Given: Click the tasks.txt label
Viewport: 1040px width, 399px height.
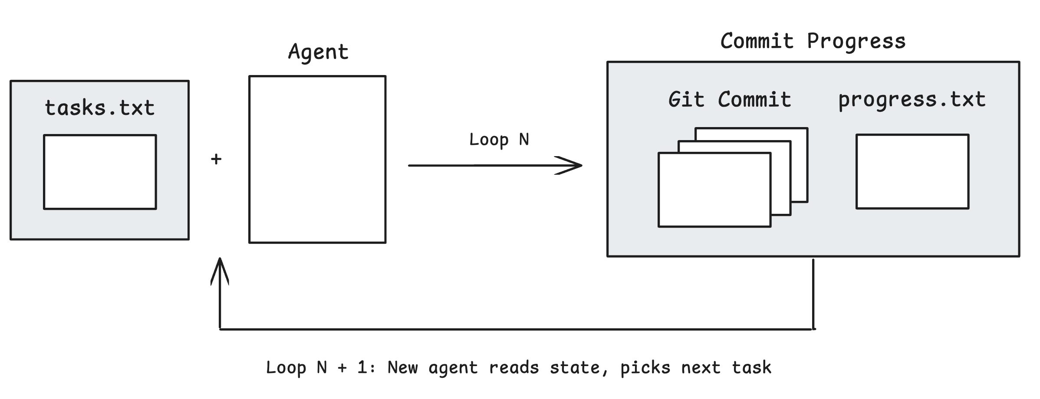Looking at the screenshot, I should pyautogui.click(x=100, y=108).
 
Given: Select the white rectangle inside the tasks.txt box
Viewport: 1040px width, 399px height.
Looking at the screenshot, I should pyautogui.click(x=100, y=172).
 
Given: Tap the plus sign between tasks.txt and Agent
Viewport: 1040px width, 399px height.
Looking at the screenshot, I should pyautogui.click(x=216, y=159).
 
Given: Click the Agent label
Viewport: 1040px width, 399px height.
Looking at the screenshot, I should pyautogui.click(x=318, y=52).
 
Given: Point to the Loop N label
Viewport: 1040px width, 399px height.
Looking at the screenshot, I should pyautogui.click(x=499, y=140).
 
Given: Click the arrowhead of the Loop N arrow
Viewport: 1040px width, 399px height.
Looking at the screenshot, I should pyautogui.click(x=575, y=165).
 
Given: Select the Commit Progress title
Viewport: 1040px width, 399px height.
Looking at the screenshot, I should pyautogui.click(x=813, y=42).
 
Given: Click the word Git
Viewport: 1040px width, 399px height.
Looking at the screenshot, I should pyautogui.click(x=686, y=100).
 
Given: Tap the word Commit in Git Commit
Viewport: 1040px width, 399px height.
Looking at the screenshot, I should pyautogui.click(x=754, y=100).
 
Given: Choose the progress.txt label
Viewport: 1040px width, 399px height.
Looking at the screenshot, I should pyautogui.click(x=912, y=100).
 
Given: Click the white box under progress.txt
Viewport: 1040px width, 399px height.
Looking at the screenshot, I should pyautogui.click(x=912, y=172).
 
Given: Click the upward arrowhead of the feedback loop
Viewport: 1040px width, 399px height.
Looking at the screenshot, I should pyautogui.click(x=220, y=269).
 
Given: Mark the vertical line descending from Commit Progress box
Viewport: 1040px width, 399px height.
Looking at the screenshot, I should pyautogui.click(x=813, y=295).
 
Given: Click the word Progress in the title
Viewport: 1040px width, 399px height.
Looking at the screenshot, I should pyautogui.click(x=856, y=42).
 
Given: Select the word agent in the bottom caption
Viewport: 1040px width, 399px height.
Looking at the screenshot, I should pyautogui.click(x=453, y=368).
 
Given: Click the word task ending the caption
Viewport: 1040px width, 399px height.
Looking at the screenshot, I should pyautogui.click(x=751, y=367).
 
